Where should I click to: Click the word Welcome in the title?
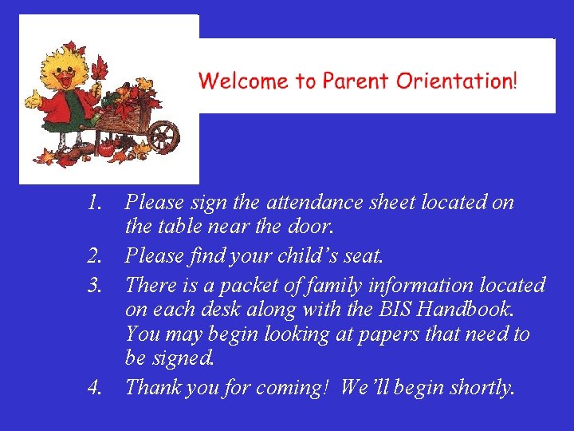[244, 81]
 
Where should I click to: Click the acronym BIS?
[398, 310]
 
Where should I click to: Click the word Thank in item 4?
[155, 389]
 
